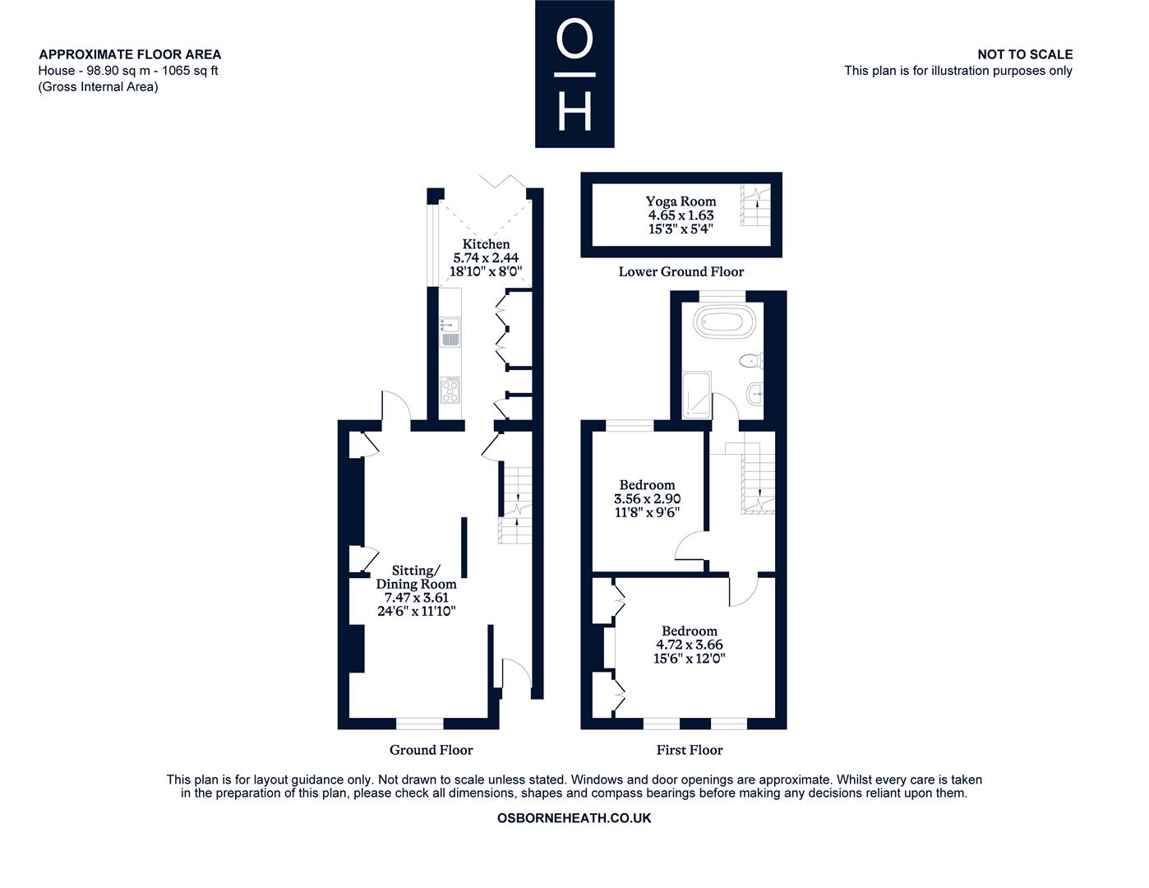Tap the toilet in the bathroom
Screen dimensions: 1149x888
click(x=750, y=361)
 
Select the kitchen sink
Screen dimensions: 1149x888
click(x=450, y=331)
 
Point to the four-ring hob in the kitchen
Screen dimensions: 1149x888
click(x=450, y=391)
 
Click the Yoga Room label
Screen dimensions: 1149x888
click(x=681, y=201)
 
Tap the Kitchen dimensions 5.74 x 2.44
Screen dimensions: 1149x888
click(x=486, y=257)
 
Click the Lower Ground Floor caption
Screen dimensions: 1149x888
click(x=681, y=271)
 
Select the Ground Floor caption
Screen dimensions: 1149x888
click(x=431, y=749)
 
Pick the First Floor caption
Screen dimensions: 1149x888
click(x=690, y=749)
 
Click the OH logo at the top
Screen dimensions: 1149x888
click(x=574, y=73)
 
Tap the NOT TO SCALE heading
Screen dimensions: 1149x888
click(x=1025, y=54)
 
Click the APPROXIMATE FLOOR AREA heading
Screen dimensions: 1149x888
click(x=130, y=54)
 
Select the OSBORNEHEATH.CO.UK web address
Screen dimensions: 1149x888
click(x=574, y=817)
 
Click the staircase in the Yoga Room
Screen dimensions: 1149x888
click(x=755, y=206)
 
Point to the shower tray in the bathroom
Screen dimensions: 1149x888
click(x=697, y=395)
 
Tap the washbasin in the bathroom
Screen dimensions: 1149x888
click(x=755, y=394)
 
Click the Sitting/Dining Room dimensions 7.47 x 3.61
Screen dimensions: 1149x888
click(x=416, y=598)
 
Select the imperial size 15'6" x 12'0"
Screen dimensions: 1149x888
click(x=690, y=659)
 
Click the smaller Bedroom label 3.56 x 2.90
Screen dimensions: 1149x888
click(x=647, y=499)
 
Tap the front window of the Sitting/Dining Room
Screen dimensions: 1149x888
click(x=420, y=724)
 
